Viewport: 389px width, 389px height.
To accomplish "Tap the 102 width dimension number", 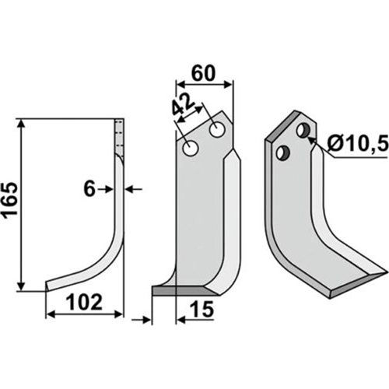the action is (x=85, y=303).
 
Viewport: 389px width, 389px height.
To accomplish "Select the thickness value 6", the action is (x=89, y=189).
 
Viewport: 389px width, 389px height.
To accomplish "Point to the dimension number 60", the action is (x=203, y=73).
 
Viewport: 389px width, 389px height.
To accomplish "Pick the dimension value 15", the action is (x=202, y=309).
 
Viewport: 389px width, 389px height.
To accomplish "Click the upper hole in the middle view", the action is (x=217, y=130).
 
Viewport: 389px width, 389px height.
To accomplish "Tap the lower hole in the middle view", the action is (x=191, y=149).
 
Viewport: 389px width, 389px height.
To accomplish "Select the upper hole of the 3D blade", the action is (x=303, y=131).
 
